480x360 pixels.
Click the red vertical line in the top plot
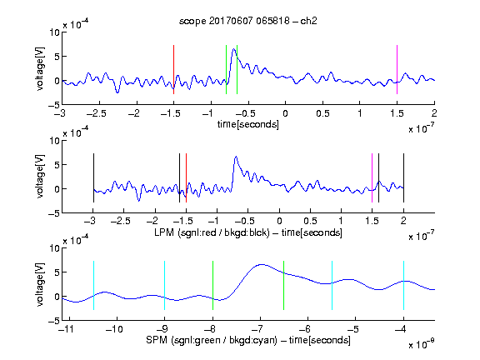[x=173, y=69]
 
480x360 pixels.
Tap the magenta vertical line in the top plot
[x=397, y=69]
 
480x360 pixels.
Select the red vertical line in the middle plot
[x=186, y=177]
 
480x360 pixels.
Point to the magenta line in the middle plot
[x=372, y=177]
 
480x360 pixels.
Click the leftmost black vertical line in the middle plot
[x=93, y=177]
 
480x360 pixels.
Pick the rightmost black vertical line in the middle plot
[x=403, y=177]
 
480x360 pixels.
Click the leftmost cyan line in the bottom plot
[x=93, y=285]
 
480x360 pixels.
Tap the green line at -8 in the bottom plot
[x=212, y=285]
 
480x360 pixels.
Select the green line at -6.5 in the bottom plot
[x=284, y=285]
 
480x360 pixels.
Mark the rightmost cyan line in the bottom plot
[x=403, y=285]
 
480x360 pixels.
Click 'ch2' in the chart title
[x=308, y=21]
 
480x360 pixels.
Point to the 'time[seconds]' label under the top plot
[x=248, y=125]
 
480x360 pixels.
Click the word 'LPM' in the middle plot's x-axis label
[x=164, y=232]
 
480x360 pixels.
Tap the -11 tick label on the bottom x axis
[x=66, y=329]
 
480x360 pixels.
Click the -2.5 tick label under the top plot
[x=96, y=113]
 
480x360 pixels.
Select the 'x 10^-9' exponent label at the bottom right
[x=421, y=344]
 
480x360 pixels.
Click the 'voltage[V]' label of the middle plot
[x=40, y=177]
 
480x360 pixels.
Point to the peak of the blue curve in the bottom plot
[x=261, y=264]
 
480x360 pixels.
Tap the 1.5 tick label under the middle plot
[x=372, y=221]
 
